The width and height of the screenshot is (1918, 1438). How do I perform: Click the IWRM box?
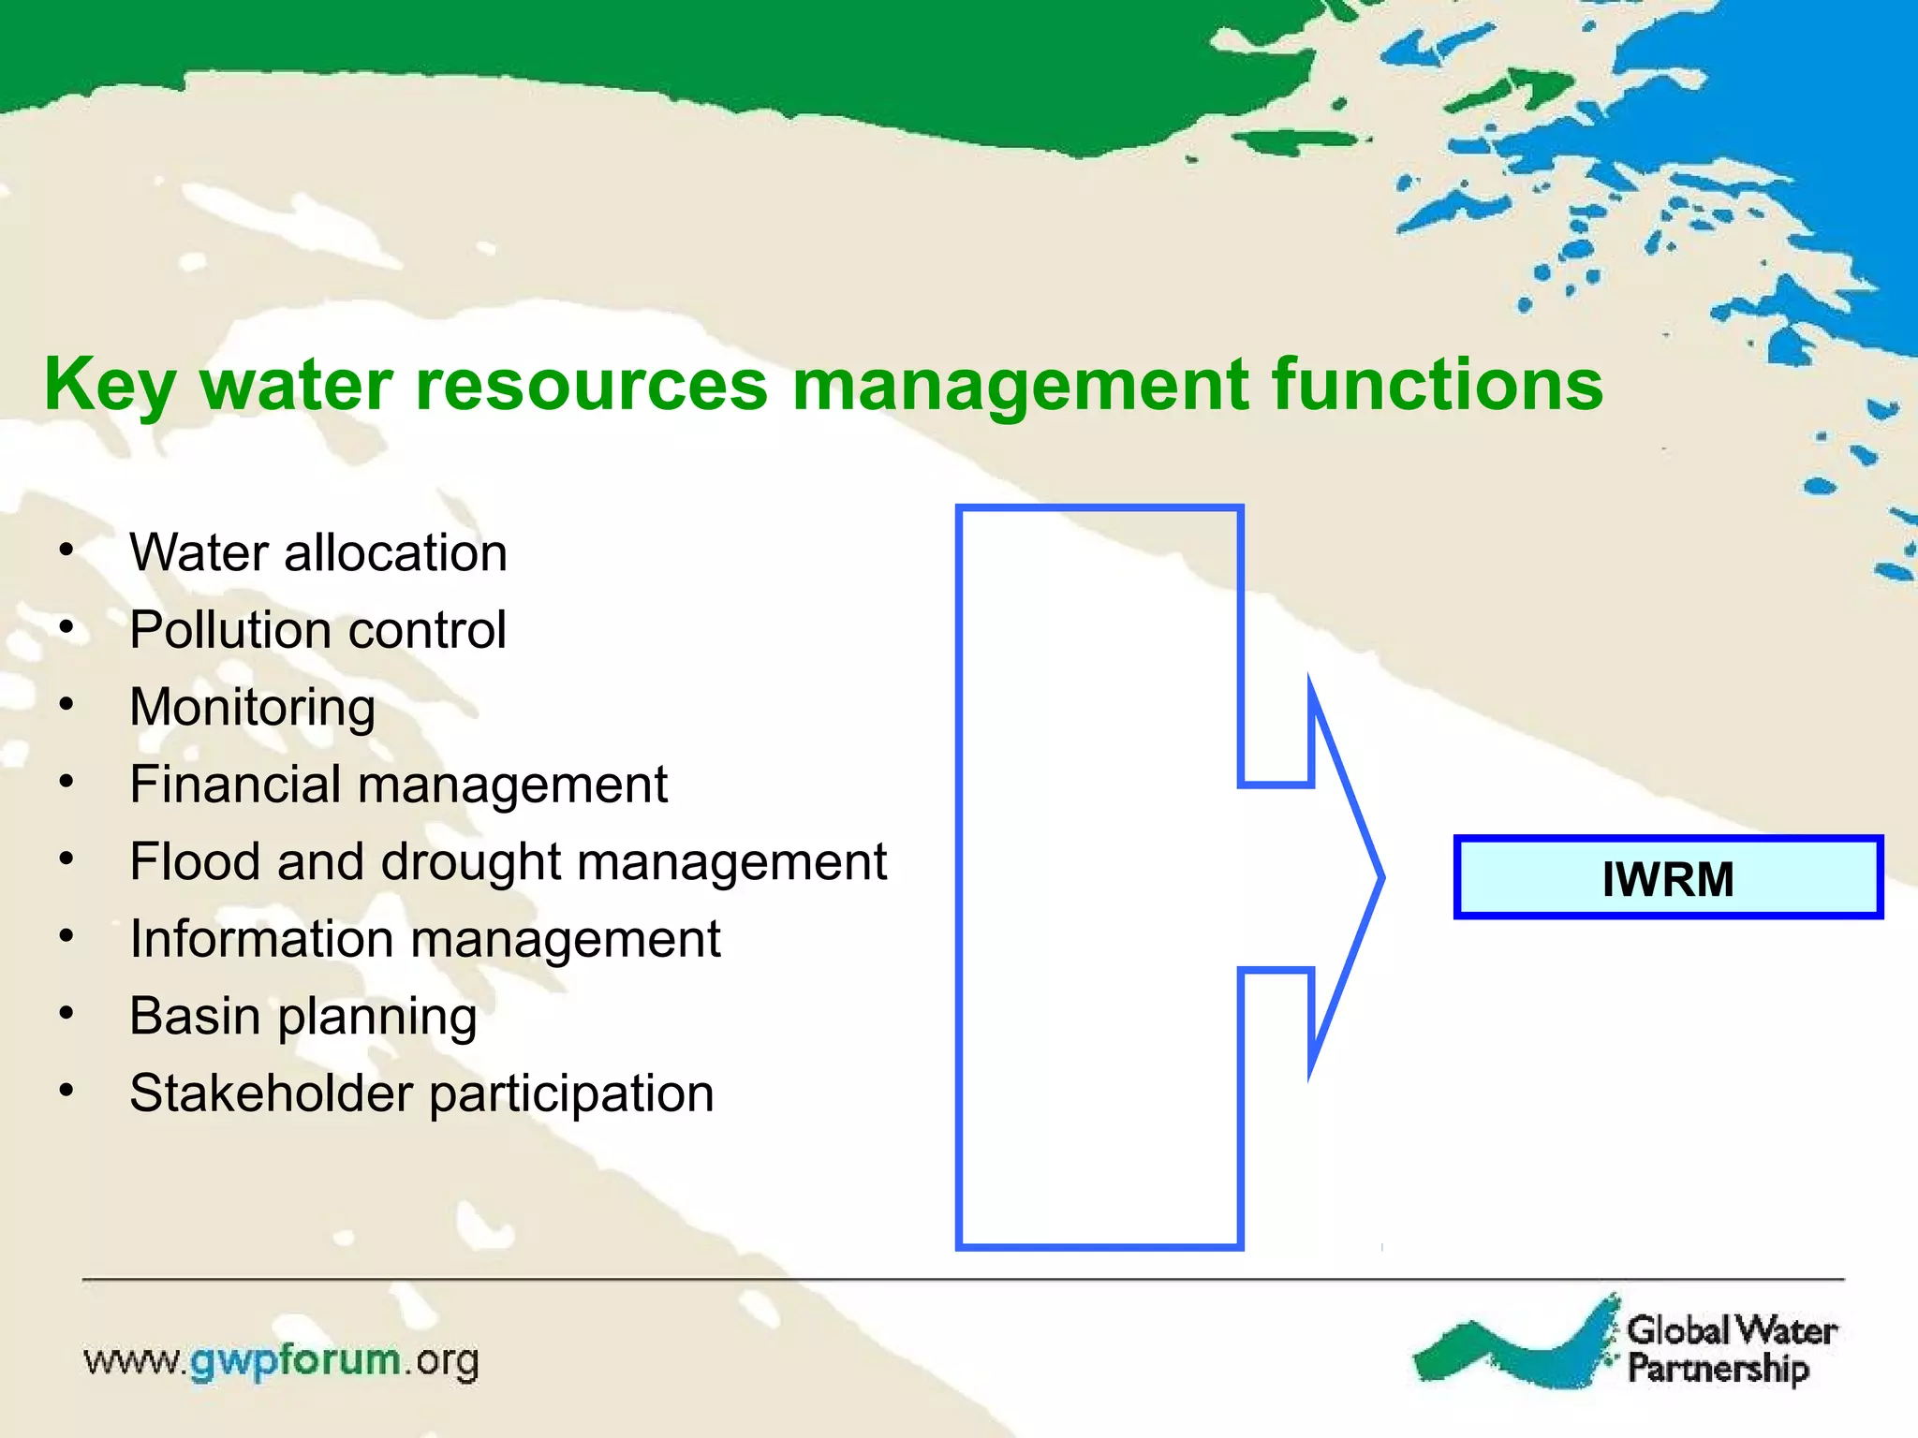[1667, 877]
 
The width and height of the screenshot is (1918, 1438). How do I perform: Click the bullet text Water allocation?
[318, 552]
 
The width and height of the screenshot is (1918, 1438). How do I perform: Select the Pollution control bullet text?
[317, 629]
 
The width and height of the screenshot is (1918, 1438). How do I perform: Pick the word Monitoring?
[253, 708]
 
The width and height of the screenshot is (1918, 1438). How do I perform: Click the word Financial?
[234, 784]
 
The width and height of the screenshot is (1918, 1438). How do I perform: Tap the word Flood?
[195, 861]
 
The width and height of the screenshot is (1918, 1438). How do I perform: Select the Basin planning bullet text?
[303, 1017]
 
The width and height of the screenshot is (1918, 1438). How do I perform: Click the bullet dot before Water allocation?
[66, 550]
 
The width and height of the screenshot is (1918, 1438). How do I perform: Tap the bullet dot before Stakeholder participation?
[66, 1091]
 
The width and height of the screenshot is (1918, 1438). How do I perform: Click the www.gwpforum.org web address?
[281, 1360]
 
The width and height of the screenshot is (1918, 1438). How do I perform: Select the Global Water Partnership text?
[1731, 1348]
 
